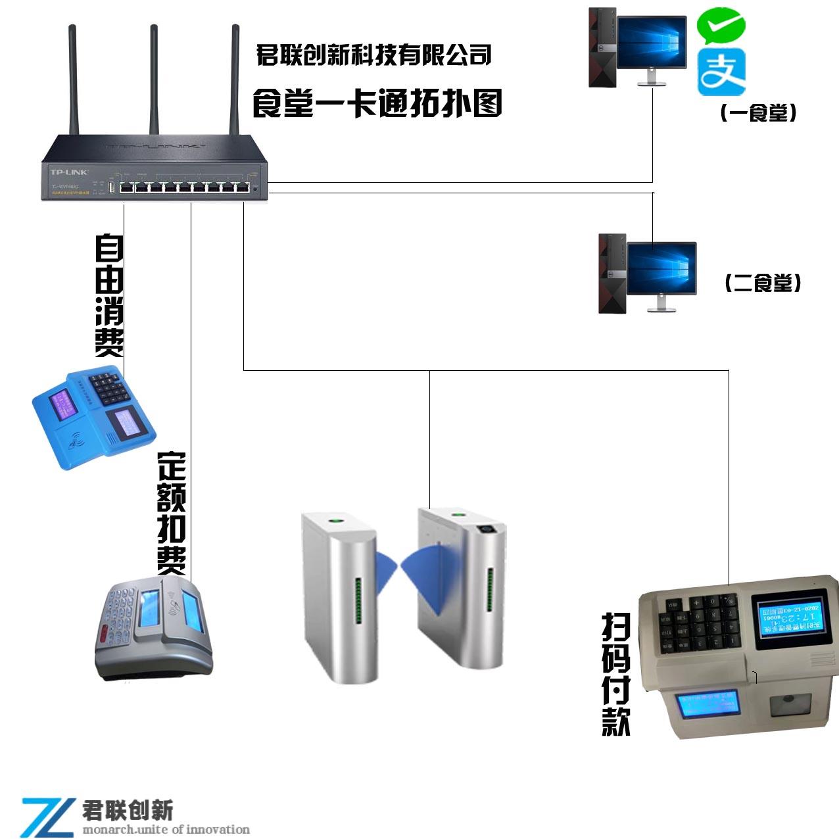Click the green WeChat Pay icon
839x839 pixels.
pyautogui.click(x=721, y=26)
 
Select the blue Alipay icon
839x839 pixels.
pyautogui.click(x=721, y=73)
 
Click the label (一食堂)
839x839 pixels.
pyautogui.click(x=758, y=114)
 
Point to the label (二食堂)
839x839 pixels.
pyautogui.click(x=763, y=283)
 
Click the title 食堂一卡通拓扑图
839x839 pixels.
pyautogui.click(x=377, y=104)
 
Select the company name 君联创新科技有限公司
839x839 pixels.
pyautogui.click(x=373, y=55)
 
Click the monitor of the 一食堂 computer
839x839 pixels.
pyautogui.click(x=651, y=43)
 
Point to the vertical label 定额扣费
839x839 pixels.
pyautogui.click(x=172, y=513)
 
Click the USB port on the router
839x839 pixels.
pyautogui.click(x=112, y=188)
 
